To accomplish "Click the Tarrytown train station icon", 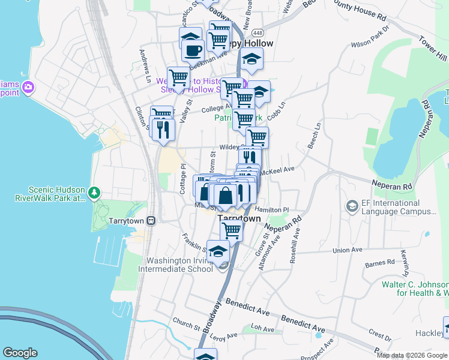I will click(151, 220).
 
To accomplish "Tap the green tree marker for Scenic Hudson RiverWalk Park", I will click(94, 193).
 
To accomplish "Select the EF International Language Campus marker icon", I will click(352, 206).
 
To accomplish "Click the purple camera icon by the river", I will click(28, 88).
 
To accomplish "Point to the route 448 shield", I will click(258, 32).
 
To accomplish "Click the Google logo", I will click(20, 353).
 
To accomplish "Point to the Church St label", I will click(185, 326).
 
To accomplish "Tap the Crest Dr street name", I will click(380, 332).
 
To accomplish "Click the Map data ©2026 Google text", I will click(411, 355).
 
